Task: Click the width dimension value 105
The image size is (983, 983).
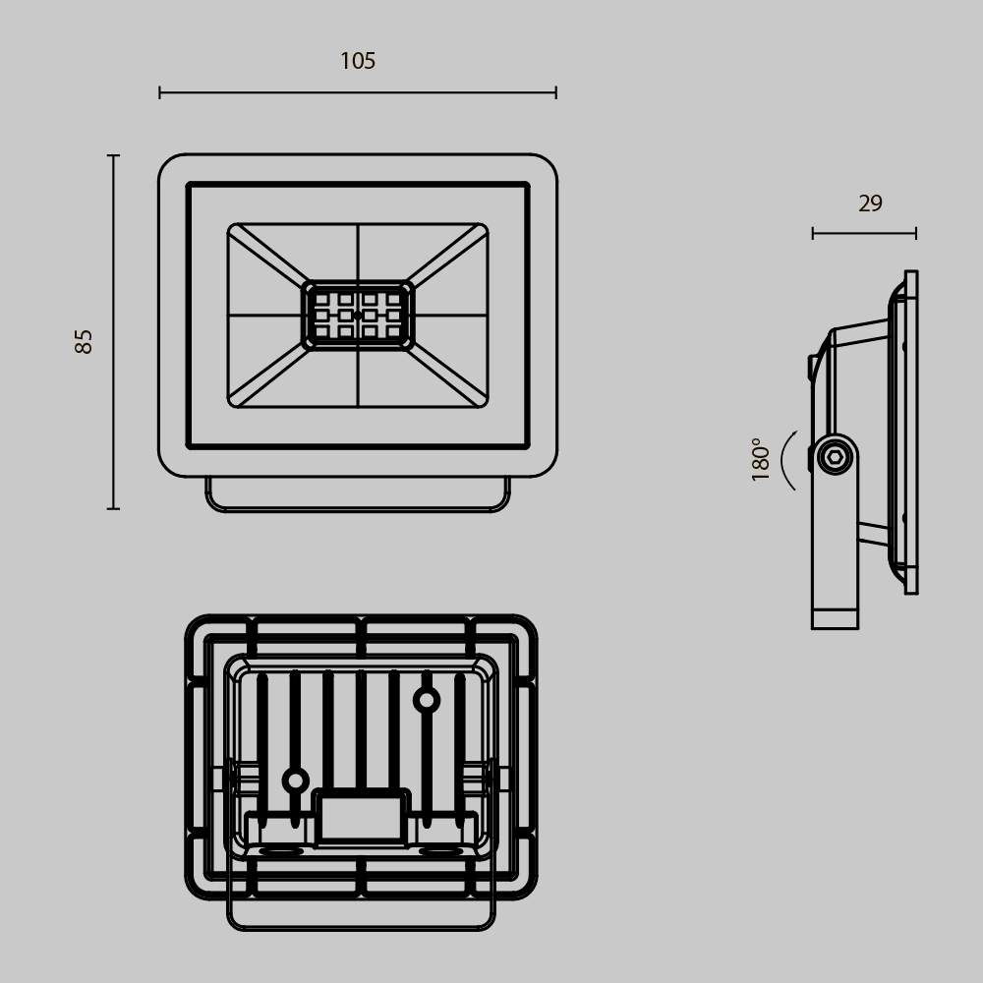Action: coord(358,61)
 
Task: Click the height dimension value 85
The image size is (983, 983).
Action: coord(85,341)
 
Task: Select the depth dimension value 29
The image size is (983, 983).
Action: coord(870,203)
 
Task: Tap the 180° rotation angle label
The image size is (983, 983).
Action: coord(761,458)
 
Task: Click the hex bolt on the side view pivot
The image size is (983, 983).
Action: coord(835,457)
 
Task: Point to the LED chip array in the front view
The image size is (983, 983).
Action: coord(358,316)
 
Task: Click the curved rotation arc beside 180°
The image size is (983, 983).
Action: coord(785,460)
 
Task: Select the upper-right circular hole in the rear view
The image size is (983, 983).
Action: coord(426,700)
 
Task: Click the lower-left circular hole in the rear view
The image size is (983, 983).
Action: coord(295,781)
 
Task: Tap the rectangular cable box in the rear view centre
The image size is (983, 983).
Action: coord(361,818)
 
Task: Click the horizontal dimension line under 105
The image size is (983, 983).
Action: coord(358,92)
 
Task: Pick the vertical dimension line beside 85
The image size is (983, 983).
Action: coord(113,332)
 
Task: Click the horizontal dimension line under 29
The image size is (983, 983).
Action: coord(864,233)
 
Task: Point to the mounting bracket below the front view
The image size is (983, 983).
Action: coord(358,495)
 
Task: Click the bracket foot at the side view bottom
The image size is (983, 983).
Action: coord(835,617)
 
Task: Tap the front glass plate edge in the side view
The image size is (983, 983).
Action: coord(911,433)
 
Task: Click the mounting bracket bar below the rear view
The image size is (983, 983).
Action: coord(361,922)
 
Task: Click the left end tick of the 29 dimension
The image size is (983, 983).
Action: coord(813,233)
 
